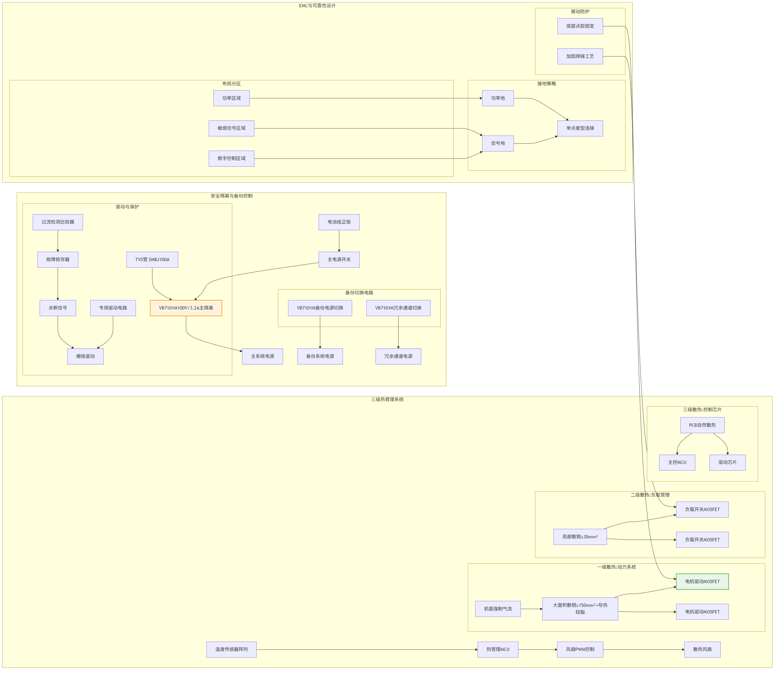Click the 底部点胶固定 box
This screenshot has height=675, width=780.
(x=580, y=26)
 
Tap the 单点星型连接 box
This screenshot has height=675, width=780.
(x=580, y=128)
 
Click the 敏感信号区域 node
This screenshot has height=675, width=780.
(x=231, y=128)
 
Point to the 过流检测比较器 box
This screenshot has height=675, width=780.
(x=58, y=222)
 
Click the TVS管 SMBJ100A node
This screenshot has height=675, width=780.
(x=152, y=260)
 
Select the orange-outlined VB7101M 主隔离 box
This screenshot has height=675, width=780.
(x=186, y=308)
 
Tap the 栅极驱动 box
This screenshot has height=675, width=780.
(x=86, y=356)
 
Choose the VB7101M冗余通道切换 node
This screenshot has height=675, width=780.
(x=398, y=308)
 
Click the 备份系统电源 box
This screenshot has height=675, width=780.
(x=320, y=356)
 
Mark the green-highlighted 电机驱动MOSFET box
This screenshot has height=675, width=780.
(x=702, y=581)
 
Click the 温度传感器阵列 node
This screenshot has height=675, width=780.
(x=231, y=649)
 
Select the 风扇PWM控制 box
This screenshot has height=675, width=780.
(x=580, y=649)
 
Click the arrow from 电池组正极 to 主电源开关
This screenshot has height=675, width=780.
(x=339, y=241)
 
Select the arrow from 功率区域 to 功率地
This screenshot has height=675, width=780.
(x=366, y=98)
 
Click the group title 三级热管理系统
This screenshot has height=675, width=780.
(x=387, y=400)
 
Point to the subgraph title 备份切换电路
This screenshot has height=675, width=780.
(x=359, y=293)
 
